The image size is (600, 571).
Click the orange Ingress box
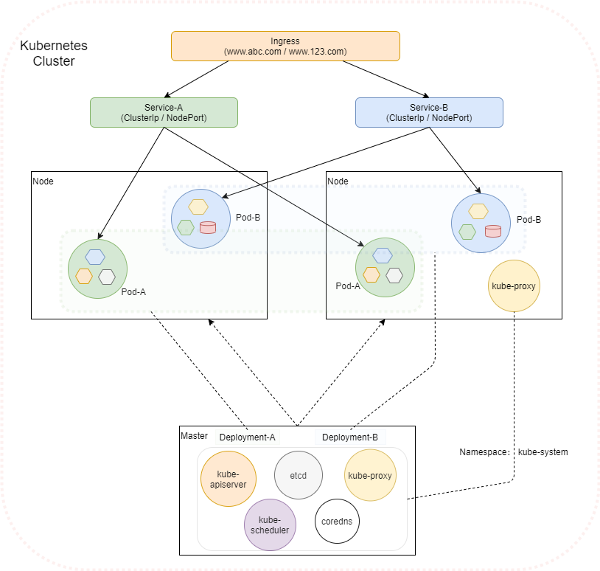click(x=285, y=46)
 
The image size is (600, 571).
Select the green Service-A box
click(x=164, y=111)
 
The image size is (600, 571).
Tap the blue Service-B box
click(x=429, y=112)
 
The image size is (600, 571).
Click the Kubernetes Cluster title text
click(x=53, y=53)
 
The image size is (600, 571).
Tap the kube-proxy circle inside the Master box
click(x=371, y=476)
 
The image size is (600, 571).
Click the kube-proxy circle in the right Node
click(x=514, y=285)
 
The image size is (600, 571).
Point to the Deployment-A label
click(x=247, y=437)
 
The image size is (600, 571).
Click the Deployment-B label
click(x=350, y=437)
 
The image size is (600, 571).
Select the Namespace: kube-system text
click(x=514, y=451)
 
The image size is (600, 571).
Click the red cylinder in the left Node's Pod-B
click(x=208, y=226)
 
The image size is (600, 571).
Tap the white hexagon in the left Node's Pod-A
click(x=107, y=277)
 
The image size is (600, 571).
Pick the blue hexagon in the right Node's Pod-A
click(x=382, y=255)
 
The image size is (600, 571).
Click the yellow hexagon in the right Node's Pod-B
click(x=478, y=212)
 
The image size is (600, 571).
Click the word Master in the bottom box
click(x=195, y=437)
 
